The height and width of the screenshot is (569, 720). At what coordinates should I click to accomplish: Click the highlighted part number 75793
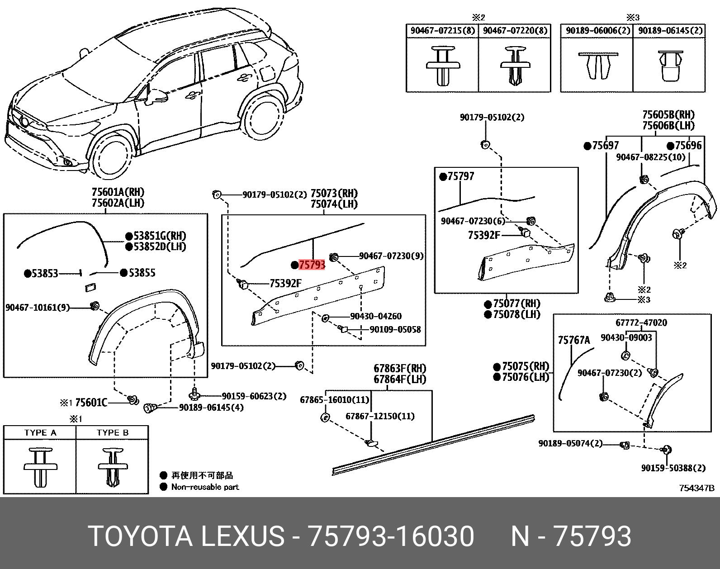(312, 265)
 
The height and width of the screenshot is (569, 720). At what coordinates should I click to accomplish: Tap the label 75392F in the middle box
(285, 284)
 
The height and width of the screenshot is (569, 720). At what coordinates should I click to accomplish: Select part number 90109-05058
(395, 329)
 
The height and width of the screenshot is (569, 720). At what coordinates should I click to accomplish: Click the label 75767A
(574, 340)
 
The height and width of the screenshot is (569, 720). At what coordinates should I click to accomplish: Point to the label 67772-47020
(641, 322)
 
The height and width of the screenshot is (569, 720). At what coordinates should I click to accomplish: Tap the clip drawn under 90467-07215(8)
(443, 66)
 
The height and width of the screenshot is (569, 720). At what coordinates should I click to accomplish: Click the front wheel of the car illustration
(112, 156)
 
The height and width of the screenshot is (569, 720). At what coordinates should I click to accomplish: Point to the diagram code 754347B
(696, 488)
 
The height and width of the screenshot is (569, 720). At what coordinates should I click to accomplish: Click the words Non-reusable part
(205, 487)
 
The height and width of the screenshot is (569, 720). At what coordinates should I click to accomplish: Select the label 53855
(142, 273)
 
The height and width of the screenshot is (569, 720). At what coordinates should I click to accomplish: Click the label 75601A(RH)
(118, 192)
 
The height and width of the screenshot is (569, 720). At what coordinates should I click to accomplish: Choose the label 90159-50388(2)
(673, 468)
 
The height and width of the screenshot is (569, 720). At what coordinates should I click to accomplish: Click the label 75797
(460, 176)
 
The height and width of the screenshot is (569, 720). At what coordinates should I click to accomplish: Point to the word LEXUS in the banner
(242, 536)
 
